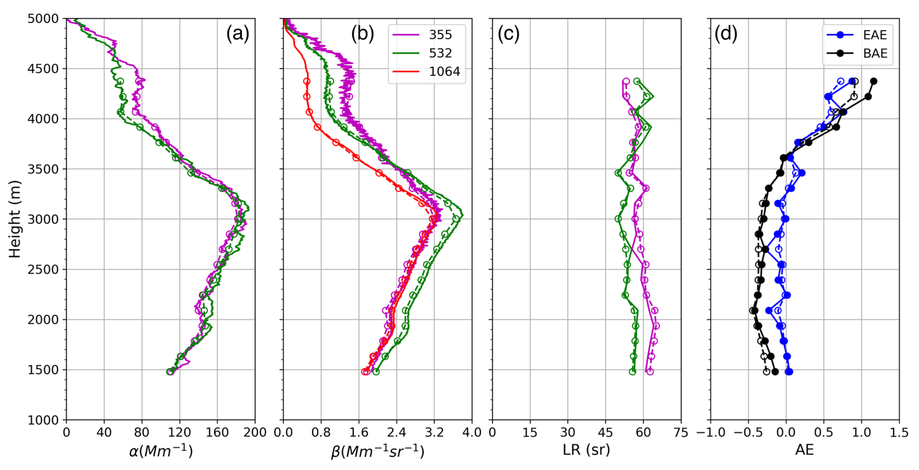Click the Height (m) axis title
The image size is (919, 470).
click(15, 219)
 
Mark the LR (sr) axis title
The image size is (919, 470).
click(586, 450)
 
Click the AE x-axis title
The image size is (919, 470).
click(804, 450)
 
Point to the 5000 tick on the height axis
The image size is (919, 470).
click(43, 19)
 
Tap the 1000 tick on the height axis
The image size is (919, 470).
click(43, 420)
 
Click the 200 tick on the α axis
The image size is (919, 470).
click(255, 432)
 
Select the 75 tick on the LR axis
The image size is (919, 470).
click(681, 432)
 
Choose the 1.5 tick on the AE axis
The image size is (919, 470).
click(899, 432)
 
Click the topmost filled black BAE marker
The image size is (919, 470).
click(873, 81)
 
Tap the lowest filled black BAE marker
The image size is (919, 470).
click(775, 372)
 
